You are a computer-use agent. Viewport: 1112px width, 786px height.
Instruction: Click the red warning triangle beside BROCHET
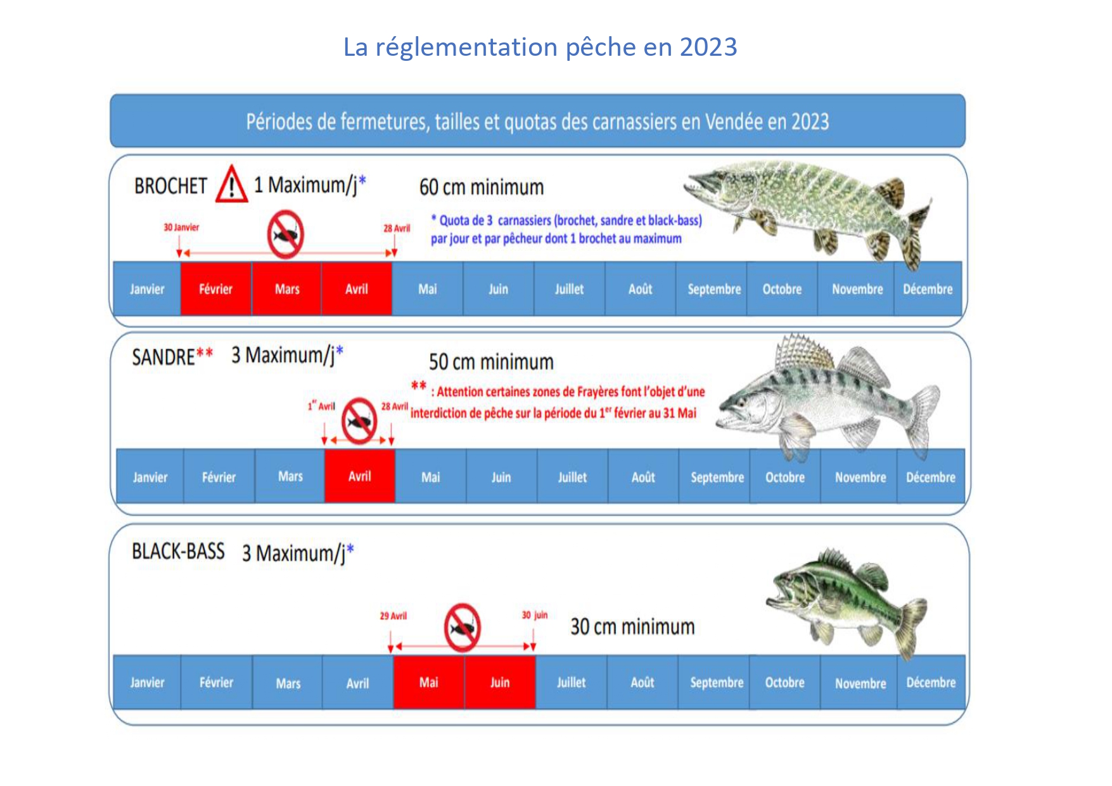click(x=231, y=184)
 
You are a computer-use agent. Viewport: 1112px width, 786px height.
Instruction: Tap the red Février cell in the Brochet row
click(x=216, y=289)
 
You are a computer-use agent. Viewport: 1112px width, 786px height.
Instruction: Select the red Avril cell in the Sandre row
click(x=360, y=476)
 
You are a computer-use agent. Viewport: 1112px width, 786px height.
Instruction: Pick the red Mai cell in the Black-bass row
click(x=429, y=682)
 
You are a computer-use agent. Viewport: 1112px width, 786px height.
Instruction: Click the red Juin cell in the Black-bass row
click(x=500, y=682)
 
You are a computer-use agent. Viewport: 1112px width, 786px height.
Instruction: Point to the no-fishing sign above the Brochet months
click(x=285, y=235)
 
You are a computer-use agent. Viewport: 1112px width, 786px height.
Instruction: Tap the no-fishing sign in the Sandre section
click(x=359, y=421)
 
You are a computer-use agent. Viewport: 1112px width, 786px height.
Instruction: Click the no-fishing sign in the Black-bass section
click(x=463, y=628)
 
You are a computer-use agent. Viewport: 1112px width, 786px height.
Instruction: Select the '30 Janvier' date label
click(x=181, y=227)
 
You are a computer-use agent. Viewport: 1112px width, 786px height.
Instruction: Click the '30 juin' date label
click(x=535, y=615)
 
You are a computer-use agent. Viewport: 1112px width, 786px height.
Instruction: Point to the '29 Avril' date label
click(x=393, y=615)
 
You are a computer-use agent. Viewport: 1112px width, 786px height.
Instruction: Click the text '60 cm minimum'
click(x=482, y=187)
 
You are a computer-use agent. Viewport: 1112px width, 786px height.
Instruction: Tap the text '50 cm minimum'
click(x=491, y=362)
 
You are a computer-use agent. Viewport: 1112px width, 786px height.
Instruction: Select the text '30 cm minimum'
click(x=632, y=627)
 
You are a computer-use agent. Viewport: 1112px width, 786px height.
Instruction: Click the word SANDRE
click(x=163, y=357)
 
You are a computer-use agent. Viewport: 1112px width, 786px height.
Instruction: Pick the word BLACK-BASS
click(x=178, y=551)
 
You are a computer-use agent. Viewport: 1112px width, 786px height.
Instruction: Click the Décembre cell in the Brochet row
click(x=928, y=289)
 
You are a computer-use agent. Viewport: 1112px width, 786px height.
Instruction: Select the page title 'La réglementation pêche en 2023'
click(x=540, y=47)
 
